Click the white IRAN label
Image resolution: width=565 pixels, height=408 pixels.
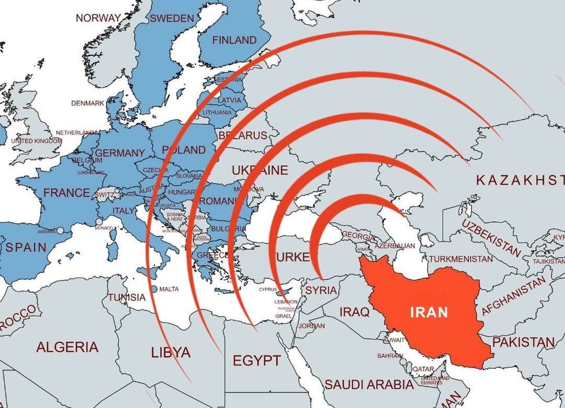pos(428,312)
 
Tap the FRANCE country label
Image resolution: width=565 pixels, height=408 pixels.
pos(66,193)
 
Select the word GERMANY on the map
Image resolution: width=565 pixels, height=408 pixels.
pos(119,153)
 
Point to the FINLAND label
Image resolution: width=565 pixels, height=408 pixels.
pos(234,40)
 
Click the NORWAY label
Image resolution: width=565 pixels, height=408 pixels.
pos(99,18)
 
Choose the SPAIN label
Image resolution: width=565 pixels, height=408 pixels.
pos(26,247)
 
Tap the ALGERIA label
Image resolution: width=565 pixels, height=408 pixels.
pos(67,347)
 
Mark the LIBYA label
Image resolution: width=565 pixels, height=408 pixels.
pos(170,352)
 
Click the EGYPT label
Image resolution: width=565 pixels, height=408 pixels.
pos(257,361)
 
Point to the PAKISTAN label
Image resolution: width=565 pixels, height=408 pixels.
pos(523,342)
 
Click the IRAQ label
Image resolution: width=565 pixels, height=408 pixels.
pos(354,312)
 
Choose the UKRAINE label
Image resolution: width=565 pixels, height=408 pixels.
pos(259,170)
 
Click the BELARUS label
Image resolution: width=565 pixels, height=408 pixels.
pos(243,136)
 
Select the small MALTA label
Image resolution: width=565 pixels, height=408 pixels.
pos(169,289)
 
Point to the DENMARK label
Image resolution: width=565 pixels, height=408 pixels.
pos(88,103)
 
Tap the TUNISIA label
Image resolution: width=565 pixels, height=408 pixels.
pos(126,297)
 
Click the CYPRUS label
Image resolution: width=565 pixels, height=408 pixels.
pos(268,289)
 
